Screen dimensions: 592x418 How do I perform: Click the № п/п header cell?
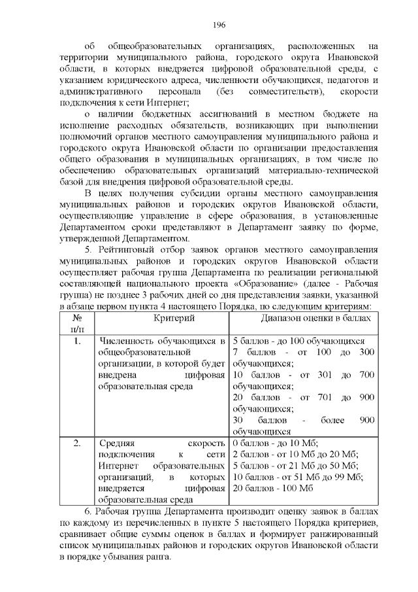coord(77,323)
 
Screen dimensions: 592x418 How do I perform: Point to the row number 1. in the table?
coord(77,341)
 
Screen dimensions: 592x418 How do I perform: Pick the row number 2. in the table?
coord(77,444)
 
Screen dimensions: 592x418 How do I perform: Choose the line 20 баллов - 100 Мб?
coord(274,488)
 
